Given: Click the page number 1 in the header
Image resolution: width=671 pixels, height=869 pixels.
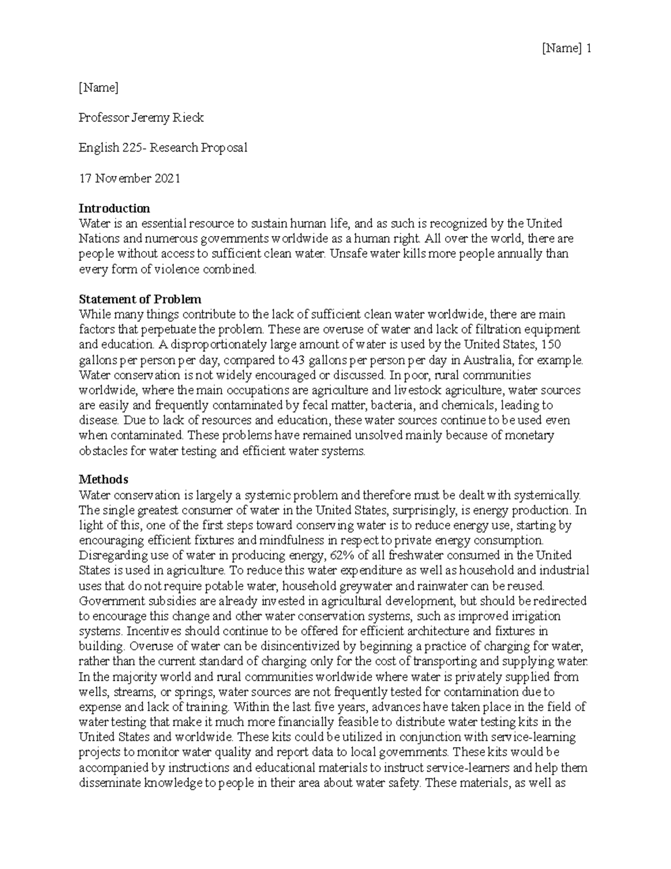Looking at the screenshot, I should click(x=588, y=49).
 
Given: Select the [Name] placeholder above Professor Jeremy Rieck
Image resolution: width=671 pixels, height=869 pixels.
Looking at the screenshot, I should click(x=98, y=87).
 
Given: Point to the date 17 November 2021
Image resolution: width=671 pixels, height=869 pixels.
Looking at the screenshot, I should click(x=129, y=179).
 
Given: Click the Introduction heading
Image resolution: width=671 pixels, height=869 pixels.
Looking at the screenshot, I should click(x=114, y=209).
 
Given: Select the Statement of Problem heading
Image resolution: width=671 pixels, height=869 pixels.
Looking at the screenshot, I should click(x=140, y=299).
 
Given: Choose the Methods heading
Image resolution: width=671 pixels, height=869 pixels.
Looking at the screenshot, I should click(x=103, y=480).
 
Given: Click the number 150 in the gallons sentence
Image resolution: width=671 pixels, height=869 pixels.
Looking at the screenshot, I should click(x=565, y=344).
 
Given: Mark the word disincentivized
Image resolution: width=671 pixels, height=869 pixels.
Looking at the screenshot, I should click(x=295, y=646).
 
